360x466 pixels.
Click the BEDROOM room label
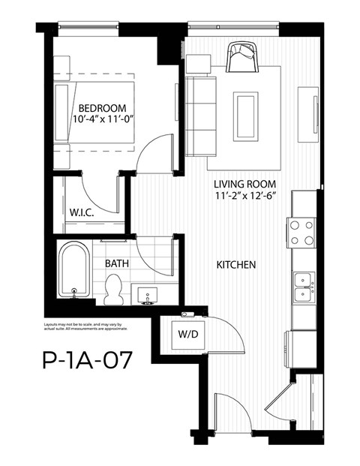tap(102, 107)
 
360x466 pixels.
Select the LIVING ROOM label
tap(244, 184)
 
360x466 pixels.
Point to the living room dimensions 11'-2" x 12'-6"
tap(244, 197)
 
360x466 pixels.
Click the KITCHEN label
tap(237, 265)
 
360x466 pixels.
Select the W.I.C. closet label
tap(80, 212)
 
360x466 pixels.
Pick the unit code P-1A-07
tap(88, 362)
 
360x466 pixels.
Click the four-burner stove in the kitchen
tap(301, 232)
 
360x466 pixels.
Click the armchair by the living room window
tap(242, 58)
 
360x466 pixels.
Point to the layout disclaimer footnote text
tap(85, 326)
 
